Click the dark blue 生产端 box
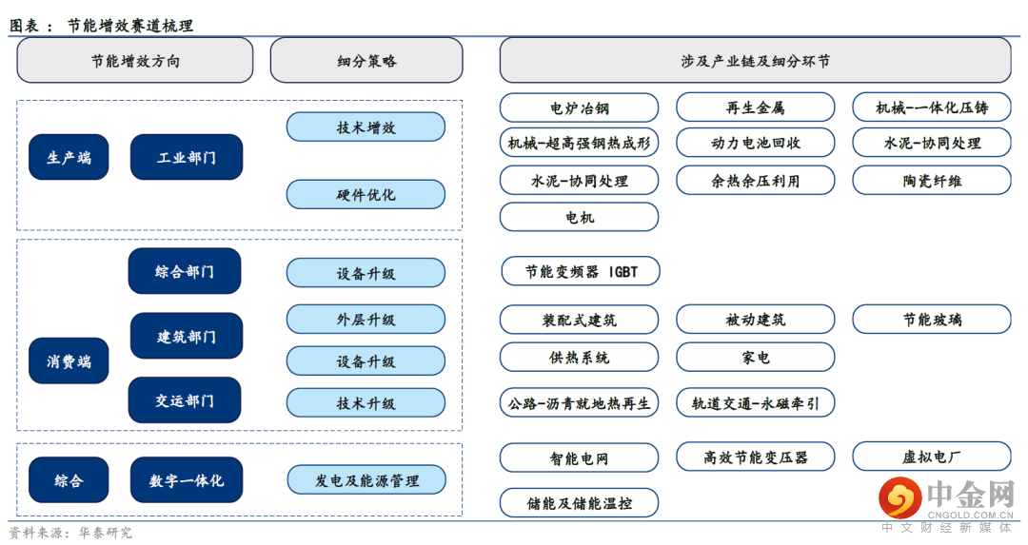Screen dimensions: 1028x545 (69, 157)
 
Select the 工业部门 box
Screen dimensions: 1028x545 (187, 157)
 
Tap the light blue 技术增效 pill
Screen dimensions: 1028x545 (366, 127)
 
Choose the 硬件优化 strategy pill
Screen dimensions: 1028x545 (366, 195)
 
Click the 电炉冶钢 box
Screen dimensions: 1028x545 (579, 107)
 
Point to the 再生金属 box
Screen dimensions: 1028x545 (755, 107)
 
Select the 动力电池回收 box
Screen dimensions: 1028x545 (755, 143)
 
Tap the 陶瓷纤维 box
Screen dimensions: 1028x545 (932, 180)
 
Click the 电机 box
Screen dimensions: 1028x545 (579, 217)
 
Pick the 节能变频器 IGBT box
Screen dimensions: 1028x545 (581, 271)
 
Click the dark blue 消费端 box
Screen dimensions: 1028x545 (69, 360)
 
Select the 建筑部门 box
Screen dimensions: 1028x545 (187, 336)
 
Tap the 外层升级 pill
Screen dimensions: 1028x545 (366, 319)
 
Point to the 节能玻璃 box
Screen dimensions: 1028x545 (932, 319)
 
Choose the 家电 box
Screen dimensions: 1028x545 (755, 357)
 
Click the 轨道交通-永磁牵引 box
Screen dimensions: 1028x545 (755, 403)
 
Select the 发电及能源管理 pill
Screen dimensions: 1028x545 (366, 480)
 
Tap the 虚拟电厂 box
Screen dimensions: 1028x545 (932, 457)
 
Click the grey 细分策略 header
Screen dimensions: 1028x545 (366, 60)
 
